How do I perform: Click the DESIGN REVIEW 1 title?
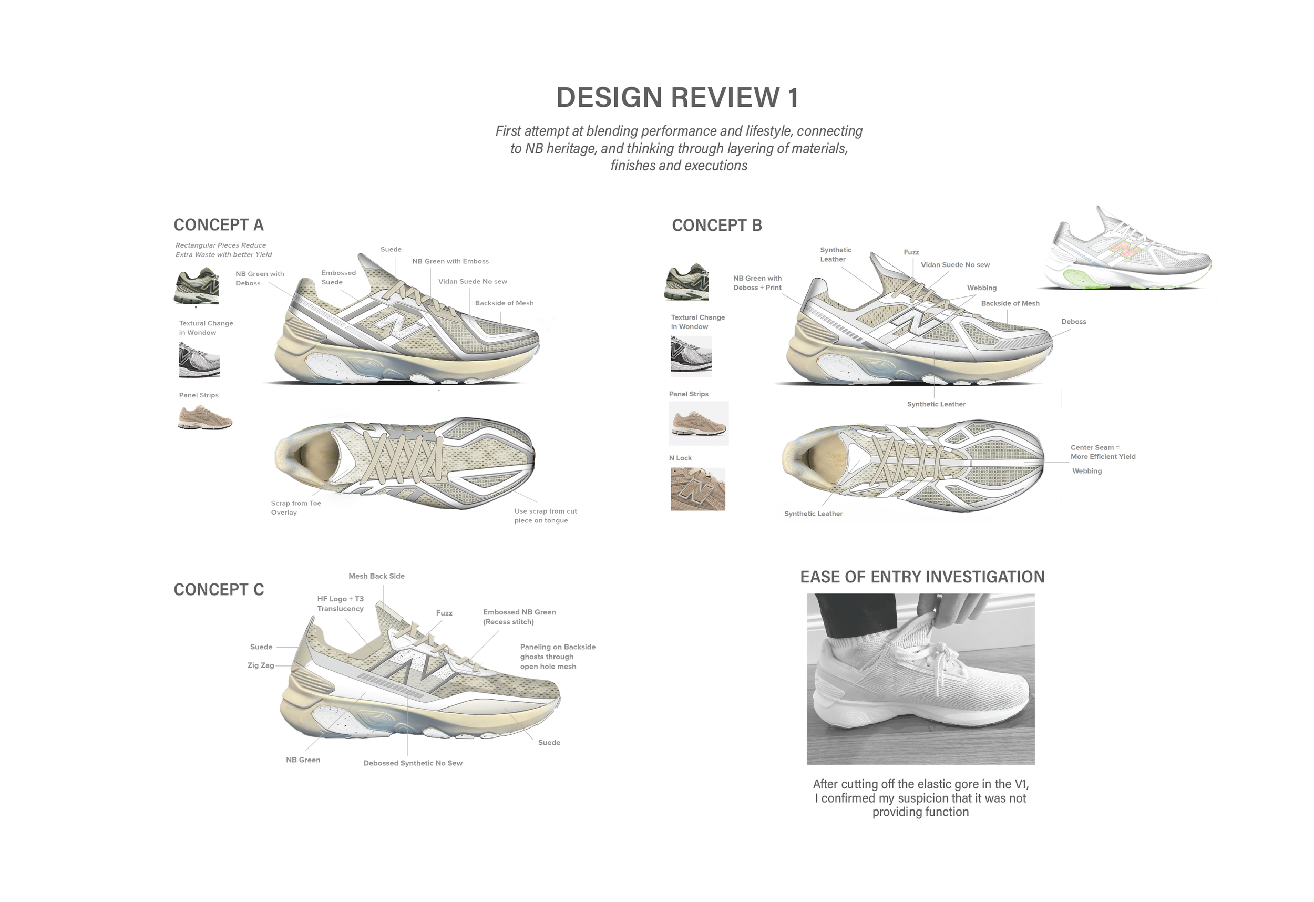click(x=677, y=97)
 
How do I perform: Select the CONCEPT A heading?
click(x=218, y=225)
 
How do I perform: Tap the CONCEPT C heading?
click(x=218, y=590)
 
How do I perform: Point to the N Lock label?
click(x=680, y=458)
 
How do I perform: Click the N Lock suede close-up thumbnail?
click(x=697, y=489)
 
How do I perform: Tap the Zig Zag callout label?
click(x=261, y=665)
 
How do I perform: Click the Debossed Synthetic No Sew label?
click(x=413, y=763)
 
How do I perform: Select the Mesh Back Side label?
click(x=376, y=576)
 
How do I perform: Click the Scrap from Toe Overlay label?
click(x=296, y=508)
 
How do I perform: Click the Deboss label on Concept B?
click(x=1073, y=322)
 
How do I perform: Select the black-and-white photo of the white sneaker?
click(x=920, y=679)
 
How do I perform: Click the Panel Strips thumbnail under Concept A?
click(x=204, y=418)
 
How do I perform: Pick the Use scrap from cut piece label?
click(x=545, y=516)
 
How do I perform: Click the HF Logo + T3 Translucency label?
click(x=341, y=604)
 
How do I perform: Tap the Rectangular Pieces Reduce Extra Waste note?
click(x=223, y=250)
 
